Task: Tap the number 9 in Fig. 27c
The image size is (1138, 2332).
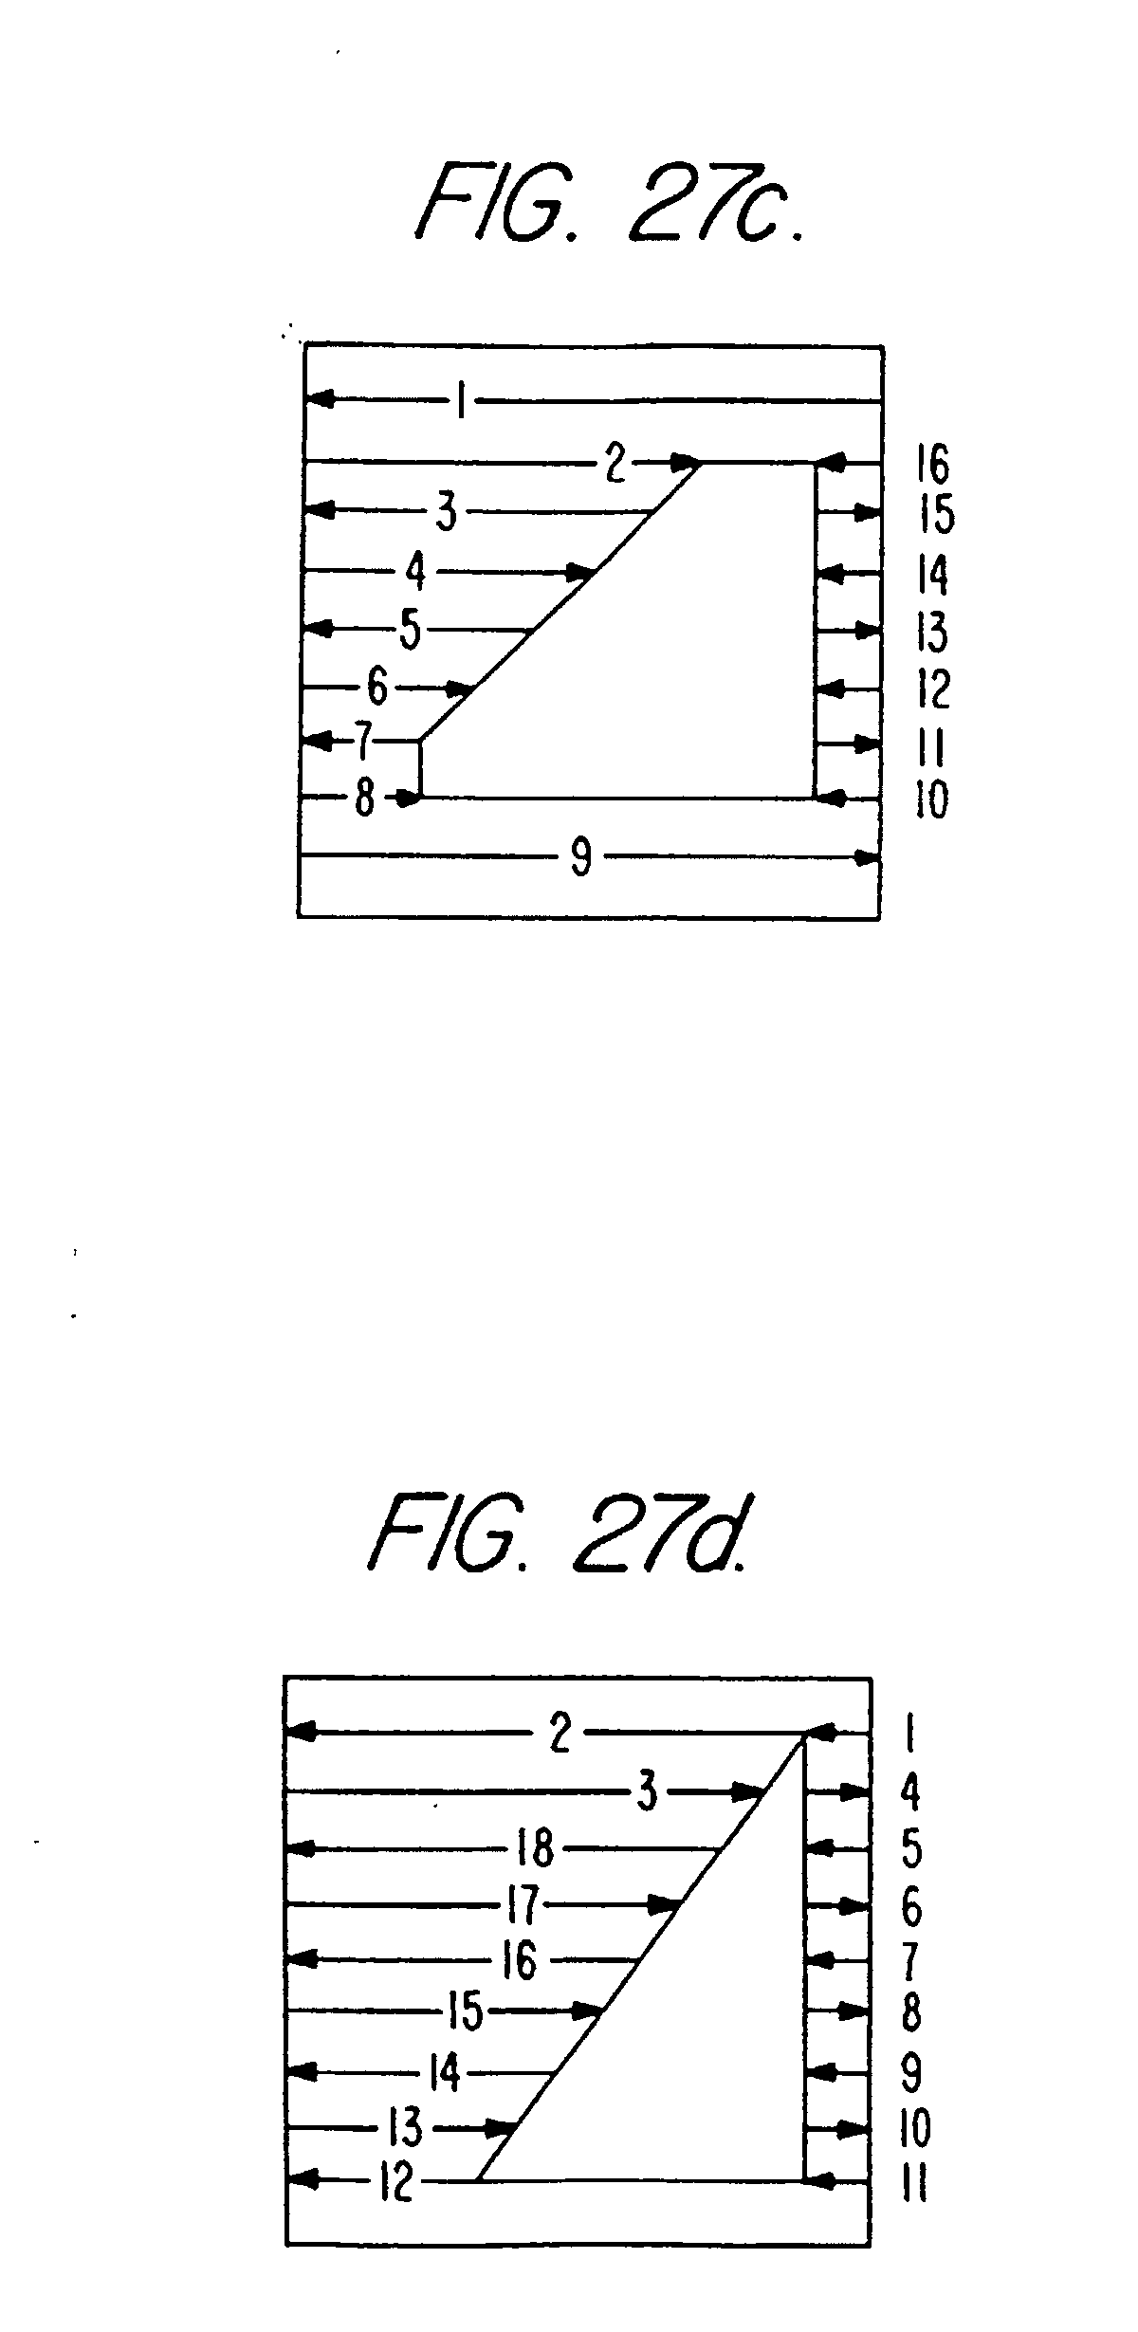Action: (581, 859)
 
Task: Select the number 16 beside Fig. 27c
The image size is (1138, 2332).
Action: (932, 465)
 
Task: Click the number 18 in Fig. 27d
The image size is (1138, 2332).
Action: (535, 1848)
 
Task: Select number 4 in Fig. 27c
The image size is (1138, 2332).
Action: (415, 573)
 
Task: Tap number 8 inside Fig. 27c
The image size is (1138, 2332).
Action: (365, 799)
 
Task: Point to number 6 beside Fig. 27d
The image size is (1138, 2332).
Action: (911, 1906)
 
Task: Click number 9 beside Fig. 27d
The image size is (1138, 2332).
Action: (911, 2074)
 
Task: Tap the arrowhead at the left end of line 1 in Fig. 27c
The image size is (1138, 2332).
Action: (320, 401)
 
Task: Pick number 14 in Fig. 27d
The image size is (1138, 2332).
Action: (443, 2074)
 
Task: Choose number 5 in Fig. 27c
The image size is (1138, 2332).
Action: (410, 630)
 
